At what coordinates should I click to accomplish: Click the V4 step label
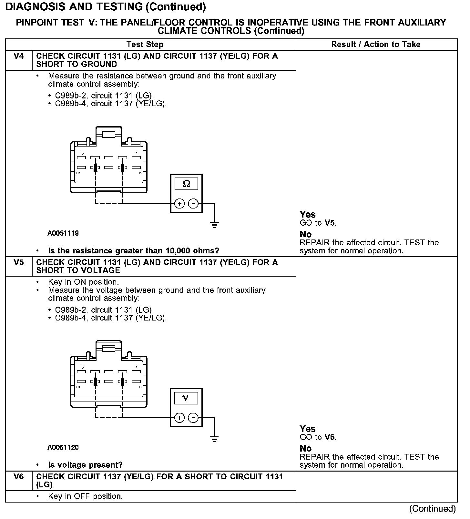coord(19,56)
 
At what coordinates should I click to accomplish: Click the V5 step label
coord(19,262)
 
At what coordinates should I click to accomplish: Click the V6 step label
coord(19,477)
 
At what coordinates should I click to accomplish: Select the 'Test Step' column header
coord(145,45)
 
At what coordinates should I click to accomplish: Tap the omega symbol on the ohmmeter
coord(186,184)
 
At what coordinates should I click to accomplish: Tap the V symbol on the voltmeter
coord(186,398)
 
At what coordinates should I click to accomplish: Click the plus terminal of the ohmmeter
coord(179,204)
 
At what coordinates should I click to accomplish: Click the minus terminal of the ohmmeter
coord(193,204)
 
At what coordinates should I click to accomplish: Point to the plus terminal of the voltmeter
coord(179,418)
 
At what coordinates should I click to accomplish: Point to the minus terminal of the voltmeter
coord(193,418)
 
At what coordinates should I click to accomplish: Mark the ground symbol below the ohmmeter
coord(214,224)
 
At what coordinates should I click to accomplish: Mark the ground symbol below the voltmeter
coord(214,439)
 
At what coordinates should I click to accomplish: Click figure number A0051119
coord(63,233)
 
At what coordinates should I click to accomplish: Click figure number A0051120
coord(63,448)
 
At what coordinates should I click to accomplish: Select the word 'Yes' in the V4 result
coord(308,215)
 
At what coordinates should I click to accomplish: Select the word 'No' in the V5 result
coord(305,449)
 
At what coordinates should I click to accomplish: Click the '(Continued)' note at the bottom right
coord(432,509)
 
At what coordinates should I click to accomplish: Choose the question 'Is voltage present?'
coord(85,465)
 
